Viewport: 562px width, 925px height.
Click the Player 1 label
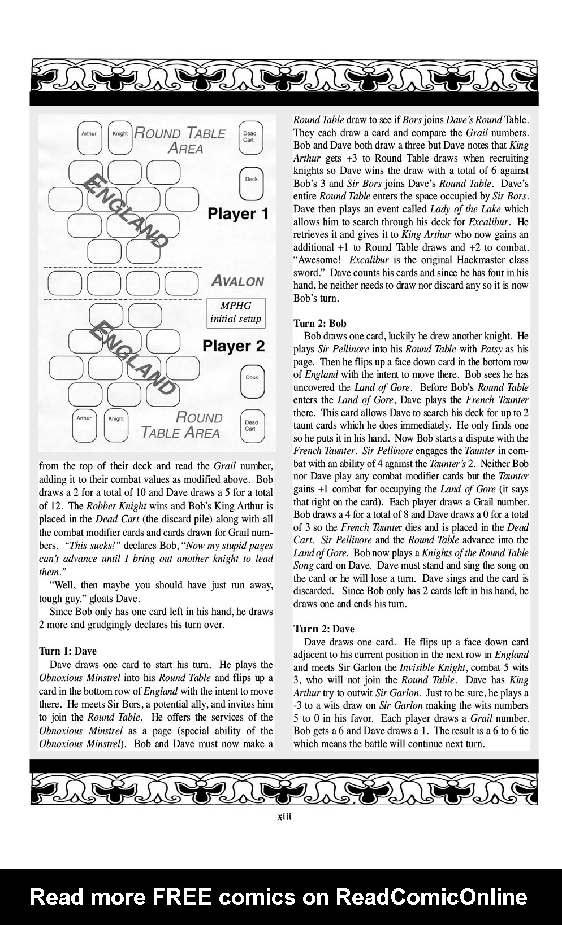pyautogui.click(x=238, y=214)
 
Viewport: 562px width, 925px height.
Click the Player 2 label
pyautogui.click(x=234, y=346)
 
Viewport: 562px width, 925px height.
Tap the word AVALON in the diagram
pyautogui.click(x=237, y=281)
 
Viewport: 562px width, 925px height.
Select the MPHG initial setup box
pyautogui.click(x=236, y=312)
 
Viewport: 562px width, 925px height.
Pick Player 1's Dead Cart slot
pyautogui.click(x=249, y=138)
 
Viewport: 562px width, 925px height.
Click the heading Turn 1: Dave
pyautogui.click(x=68, y=651)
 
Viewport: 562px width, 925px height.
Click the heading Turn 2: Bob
pyautogui.click(x=320, y=324)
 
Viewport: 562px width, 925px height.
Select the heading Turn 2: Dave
pyautogui.click(x=324, y=629)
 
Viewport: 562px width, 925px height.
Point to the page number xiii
pyautogui.click(x=284, y=817)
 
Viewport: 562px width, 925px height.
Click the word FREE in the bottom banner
pyautogui.click(x=178, y=896)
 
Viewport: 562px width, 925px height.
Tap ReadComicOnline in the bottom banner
pyautogui.click(x=431, y=896)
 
